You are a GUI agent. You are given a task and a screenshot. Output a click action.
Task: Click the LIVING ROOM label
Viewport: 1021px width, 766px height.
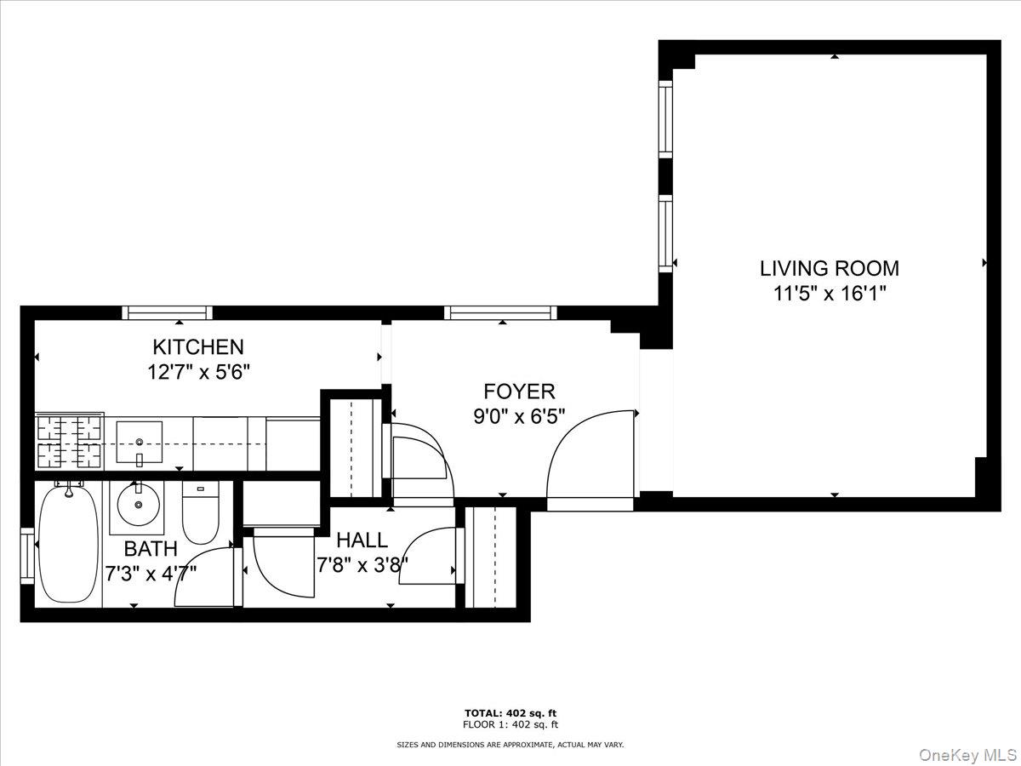coord(829,269)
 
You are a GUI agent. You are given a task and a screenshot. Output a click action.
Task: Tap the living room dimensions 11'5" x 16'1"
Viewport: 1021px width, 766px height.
coord(829,294)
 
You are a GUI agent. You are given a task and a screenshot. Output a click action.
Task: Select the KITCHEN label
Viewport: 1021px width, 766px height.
coord(198,347)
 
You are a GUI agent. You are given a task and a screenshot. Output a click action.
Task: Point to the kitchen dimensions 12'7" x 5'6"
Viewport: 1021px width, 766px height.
coord(198,372)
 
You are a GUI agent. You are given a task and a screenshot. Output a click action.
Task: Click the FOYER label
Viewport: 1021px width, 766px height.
coord(519,392)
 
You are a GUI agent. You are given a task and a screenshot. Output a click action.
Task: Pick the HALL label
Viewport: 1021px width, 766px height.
coord(362,540)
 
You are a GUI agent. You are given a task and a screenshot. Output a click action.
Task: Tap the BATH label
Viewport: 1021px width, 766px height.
coord(151,548)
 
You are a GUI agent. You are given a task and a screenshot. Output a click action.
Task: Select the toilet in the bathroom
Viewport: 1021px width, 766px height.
coord(201,513)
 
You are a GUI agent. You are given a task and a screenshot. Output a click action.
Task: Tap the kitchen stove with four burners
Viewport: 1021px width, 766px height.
coord(69,441)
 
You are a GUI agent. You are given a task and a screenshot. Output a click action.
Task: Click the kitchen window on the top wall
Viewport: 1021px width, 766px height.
coord(168,312)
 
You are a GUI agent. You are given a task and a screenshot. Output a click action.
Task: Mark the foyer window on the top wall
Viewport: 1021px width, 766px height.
coord(500,312)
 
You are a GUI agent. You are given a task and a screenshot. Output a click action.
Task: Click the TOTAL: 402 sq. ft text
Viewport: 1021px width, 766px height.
coord(510,713)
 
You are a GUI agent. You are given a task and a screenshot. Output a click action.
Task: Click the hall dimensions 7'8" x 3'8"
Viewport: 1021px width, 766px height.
coord(362,563)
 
